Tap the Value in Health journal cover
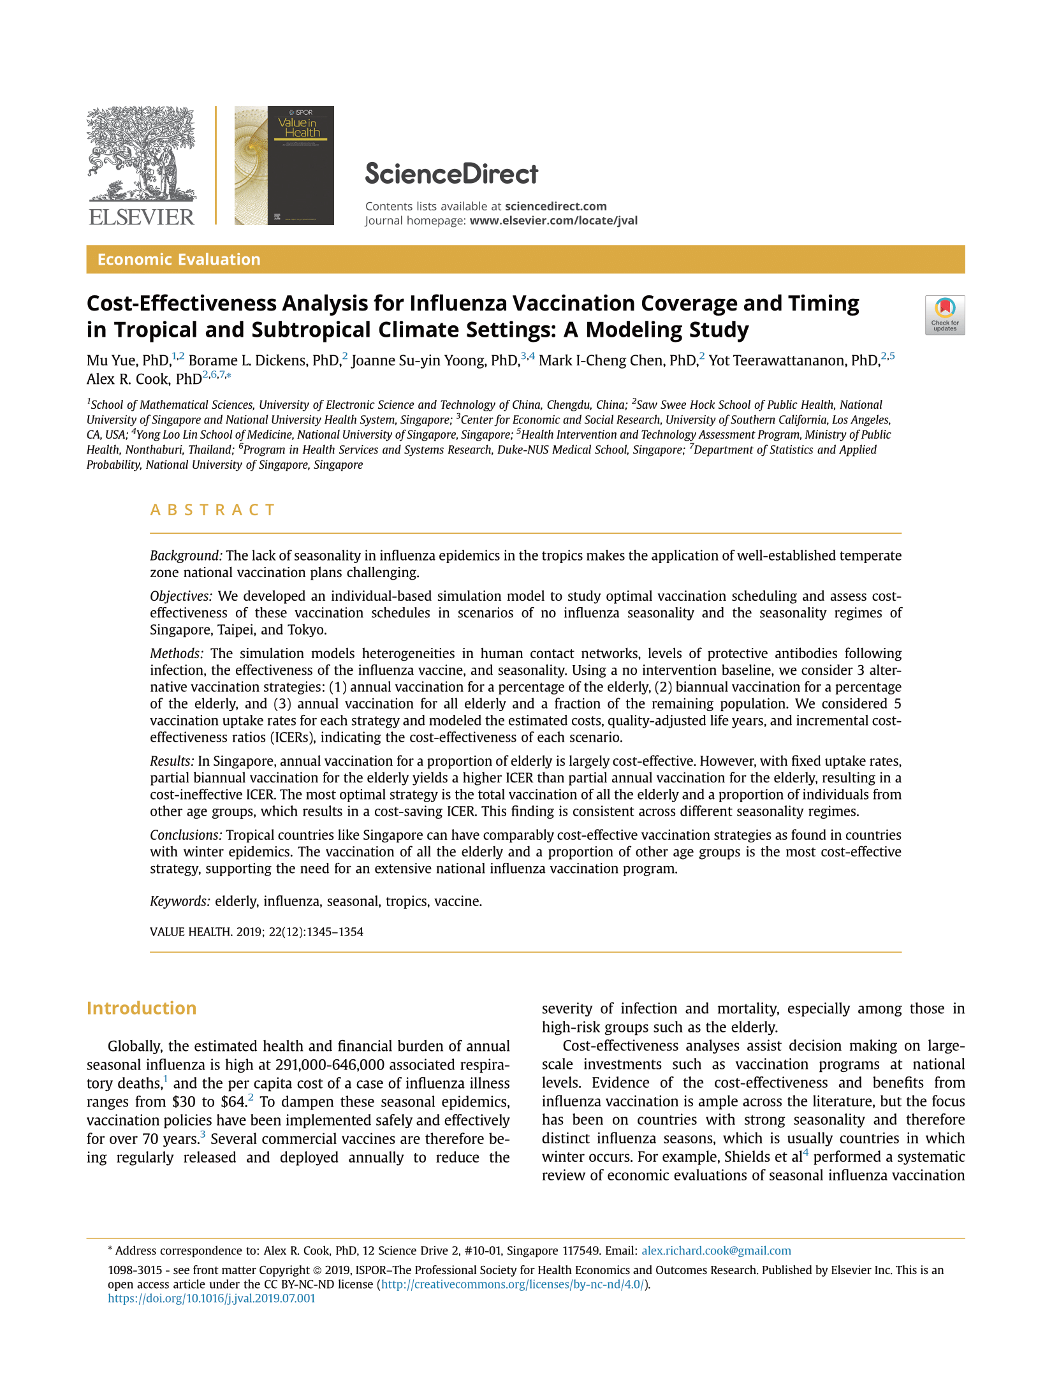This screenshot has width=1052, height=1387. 284,165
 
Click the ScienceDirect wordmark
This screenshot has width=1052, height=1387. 451,174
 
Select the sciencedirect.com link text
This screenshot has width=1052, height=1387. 555,206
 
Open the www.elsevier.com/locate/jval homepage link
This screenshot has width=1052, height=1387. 553,221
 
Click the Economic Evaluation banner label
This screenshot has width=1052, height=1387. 179,260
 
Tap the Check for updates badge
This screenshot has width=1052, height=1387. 944,315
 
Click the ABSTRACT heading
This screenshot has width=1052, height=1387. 212,510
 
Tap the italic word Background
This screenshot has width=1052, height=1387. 186,556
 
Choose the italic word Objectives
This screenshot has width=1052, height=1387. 181,596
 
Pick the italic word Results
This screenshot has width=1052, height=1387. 172,761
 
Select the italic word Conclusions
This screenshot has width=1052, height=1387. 186,835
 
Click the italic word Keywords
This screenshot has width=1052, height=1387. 180,902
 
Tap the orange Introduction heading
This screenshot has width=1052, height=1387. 142,1008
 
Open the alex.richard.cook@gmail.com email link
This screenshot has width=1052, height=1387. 716,1251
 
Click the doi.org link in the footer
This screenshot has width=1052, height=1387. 211,1299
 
